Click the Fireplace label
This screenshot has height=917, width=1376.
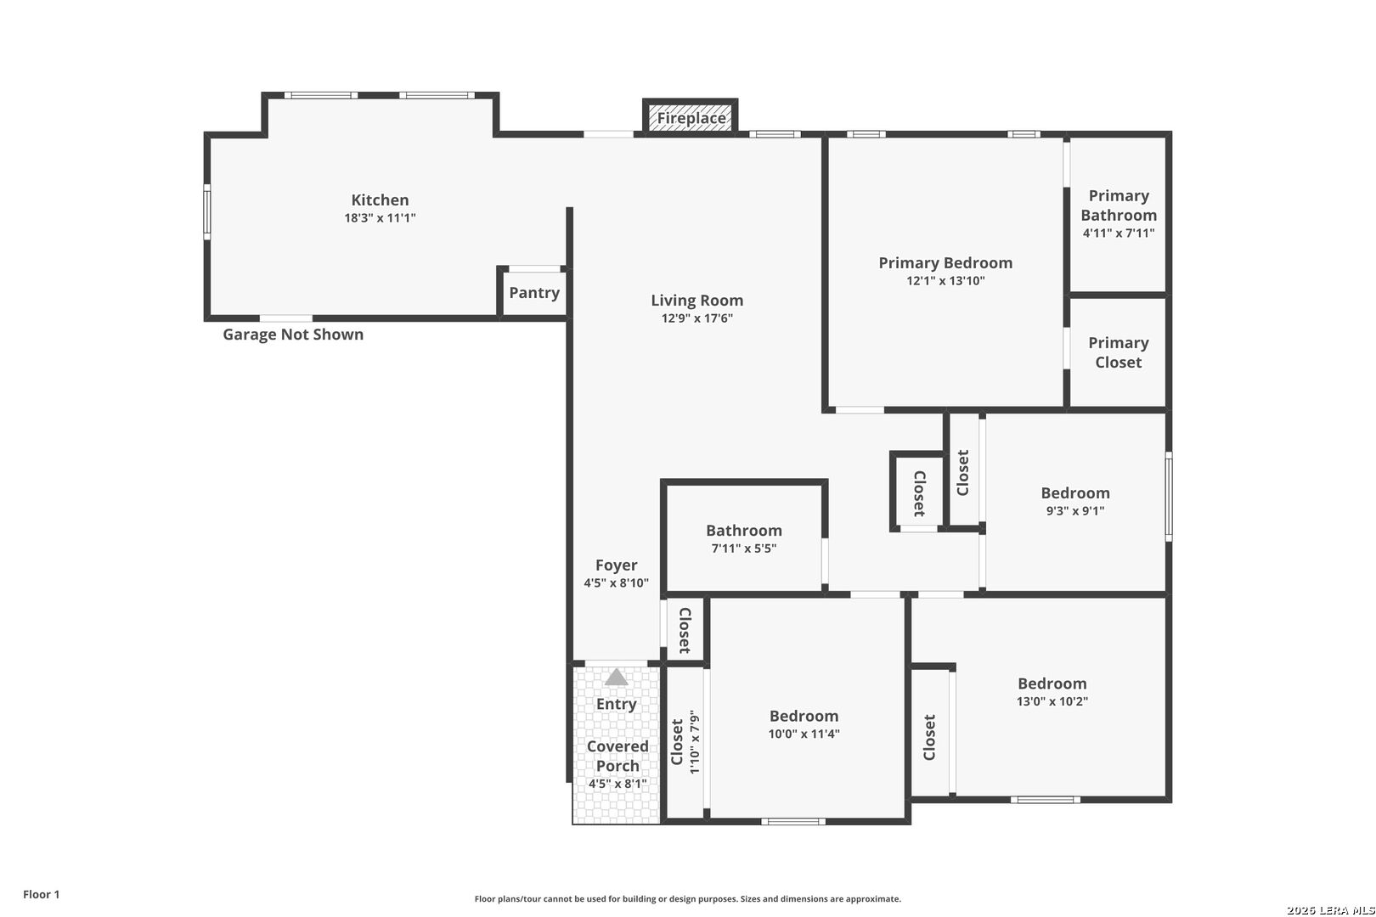tap(691, 118)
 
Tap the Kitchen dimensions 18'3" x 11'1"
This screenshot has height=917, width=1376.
tap(381, 218)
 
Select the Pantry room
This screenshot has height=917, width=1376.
tap(534, 293)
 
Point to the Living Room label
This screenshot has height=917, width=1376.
tap(697, 301)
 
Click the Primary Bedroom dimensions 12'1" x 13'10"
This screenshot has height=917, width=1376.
tap(945, 281)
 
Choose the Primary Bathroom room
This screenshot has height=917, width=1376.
tap(1118, 215)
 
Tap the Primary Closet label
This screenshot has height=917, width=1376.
tap(1118, 352)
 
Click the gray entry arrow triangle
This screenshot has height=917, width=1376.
tap(616, 678)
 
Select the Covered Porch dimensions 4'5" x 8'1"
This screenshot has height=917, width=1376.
tap(618, 784)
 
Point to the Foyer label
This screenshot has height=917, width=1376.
tap(616, 565)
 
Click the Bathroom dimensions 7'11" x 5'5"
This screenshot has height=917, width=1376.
tap(744, 549)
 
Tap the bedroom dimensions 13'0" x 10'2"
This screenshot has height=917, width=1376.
tap(1052, 701)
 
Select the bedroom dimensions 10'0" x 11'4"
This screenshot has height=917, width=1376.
tap(804, 734)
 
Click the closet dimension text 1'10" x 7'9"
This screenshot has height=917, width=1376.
tap(694, 742)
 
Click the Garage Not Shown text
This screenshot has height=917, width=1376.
tap(293, 335)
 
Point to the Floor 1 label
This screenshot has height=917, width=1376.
tap(41, 894)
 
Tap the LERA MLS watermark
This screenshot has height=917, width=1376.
tap(1330, 910)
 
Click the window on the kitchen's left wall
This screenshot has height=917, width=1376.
tap(207, 212)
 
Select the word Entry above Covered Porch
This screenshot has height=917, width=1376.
tap(616, 705)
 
